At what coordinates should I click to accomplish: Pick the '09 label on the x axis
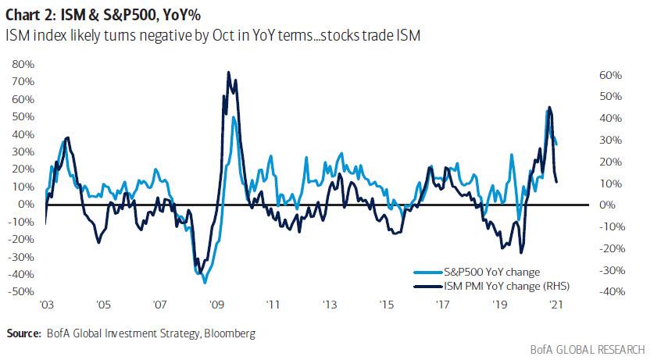click(217, 306)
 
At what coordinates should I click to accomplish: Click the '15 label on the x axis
click(387, 306)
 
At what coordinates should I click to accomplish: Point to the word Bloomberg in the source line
click(229, 333)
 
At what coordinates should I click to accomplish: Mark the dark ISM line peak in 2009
click(228, 72)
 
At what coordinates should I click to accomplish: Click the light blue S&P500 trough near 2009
click(205, 282)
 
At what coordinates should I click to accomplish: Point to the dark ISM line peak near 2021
click(550, 107)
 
